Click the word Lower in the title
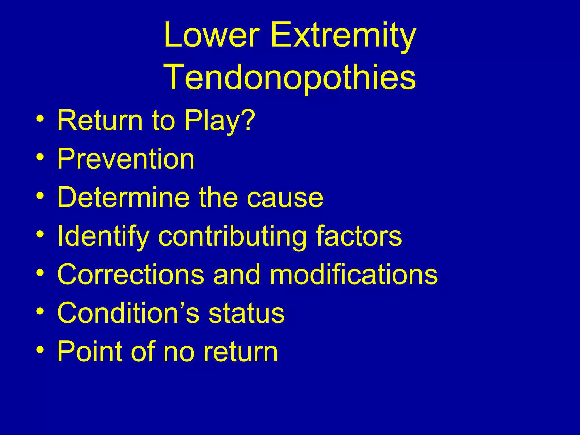pos(211,35)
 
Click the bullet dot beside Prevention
pos(40,156)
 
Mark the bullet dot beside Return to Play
pos(40,118)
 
